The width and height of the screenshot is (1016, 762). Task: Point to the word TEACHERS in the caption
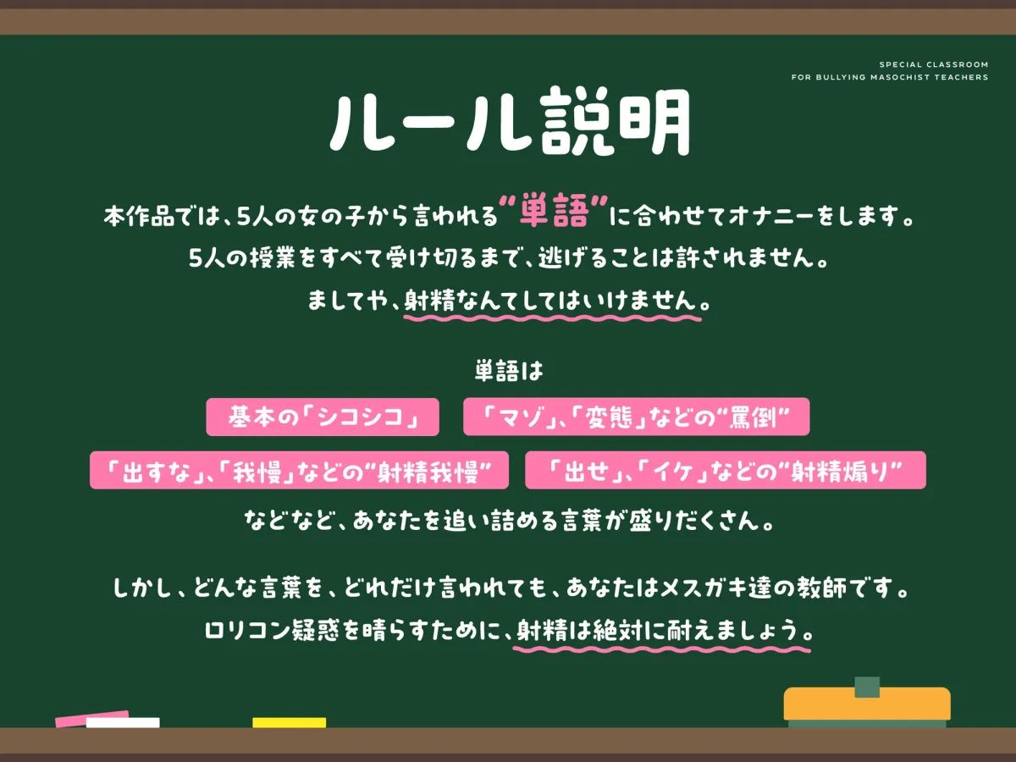point(961,77)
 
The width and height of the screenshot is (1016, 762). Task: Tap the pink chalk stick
point(91,719)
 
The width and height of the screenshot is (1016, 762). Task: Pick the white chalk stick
point(123,723)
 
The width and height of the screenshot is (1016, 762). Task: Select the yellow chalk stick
point(289,723)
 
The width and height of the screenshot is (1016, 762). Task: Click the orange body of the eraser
point(867,704)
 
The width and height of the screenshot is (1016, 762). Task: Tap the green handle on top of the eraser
point(867,686)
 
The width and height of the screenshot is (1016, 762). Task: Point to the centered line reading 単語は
point(508,372)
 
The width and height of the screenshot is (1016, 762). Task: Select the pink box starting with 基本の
point(323,417)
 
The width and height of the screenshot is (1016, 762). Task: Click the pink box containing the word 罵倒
point(636,417)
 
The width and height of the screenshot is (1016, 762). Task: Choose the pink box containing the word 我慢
point(299,470)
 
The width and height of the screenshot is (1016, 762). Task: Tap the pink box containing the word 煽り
point(725,470)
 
